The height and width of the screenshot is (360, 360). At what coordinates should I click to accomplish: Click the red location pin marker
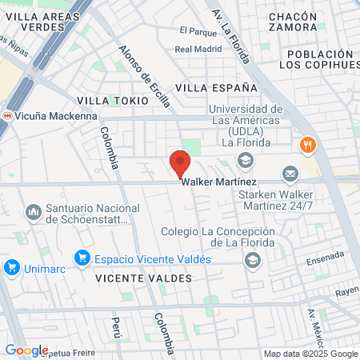tap(180, 163)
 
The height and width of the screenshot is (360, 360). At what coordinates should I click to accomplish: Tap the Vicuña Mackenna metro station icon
tap(7, 115)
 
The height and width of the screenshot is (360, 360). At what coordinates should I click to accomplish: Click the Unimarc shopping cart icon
tap(11, 267)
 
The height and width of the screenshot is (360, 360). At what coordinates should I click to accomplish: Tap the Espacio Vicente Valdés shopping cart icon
tap(81, 258)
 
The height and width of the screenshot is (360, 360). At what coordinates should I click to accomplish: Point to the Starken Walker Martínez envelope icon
tap(290, 173)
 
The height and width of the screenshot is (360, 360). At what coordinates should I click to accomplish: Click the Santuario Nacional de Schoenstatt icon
tap(33, 214)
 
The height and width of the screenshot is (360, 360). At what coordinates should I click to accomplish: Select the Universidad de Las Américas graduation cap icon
tap(245, 161)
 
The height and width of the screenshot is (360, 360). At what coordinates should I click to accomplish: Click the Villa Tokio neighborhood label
tap(113, 101)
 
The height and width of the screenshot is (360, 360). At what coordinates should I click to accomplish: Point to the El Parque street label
tap(198, 31)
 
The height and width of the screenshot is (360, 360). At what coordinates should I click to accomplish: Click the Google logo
tap(26, 350)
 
